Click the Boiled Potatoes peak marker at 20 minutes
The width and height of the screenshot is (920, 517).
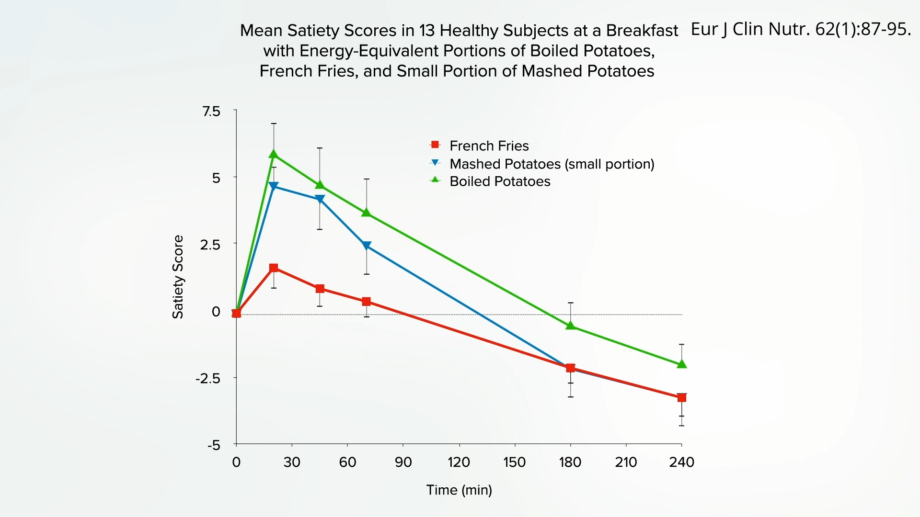(274, 154)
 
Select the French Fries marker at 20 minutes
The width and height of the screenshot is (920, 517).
(274, 268)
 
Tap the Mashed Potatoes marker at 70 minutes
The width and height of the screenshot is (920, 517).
(367, 246)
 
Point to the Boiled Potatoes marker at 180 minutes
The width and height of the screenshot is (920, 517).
(570, 326)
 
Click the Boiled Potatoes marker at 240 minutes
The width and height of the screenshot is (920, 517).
(681, 364)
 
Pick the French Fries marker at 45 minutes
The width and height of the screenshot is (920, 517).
(320, 289)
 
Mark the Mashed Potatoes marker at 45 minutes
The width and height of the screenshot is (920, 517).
(320, 199)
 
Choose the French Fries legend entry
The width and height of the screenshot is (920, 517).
(489, 146)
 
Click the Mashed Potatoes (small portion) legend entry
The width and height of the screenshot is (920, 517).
(552, 164)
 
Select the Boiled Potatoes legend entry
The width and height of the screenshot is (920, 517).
(500, 181)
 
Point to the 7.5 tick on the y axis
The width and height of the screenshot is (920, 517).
(211, 112)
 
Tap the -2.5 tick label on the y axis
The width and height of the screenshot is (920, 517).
(208, 379)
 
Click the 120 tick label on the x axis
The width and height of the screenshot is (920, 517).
(459, 462)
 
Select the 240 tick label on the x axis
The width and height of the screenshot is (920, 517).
(681, 462)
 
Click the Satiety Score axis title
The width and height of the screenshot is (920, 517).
(178, 277)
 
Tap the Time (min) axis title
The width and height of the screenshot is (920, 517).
(459, 490)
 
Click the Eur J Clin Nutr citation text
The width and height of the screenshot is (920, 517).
(800, 29)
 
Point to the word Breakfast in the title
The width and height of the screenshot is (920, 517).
(642, 31)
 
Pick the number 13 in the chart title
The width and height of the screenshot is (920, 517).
(427, 31)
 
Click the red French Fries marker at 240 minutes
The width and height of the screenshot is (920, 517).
(681, 397)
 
